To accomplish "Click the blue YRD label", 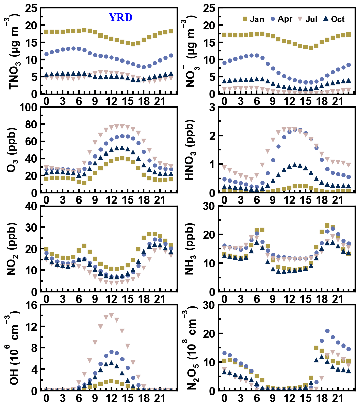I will (x=120, y=17).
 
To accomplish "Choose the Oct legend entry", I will (x=334, y=19).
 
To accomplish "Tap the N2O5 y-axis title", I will (x=190, y=348).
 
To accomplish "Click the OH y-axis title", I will (x=15, y=348).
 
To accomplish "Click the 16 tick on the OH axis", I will (x=31, y=305).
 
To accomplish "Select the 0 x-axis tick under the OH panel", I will (x=46, y=397).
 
